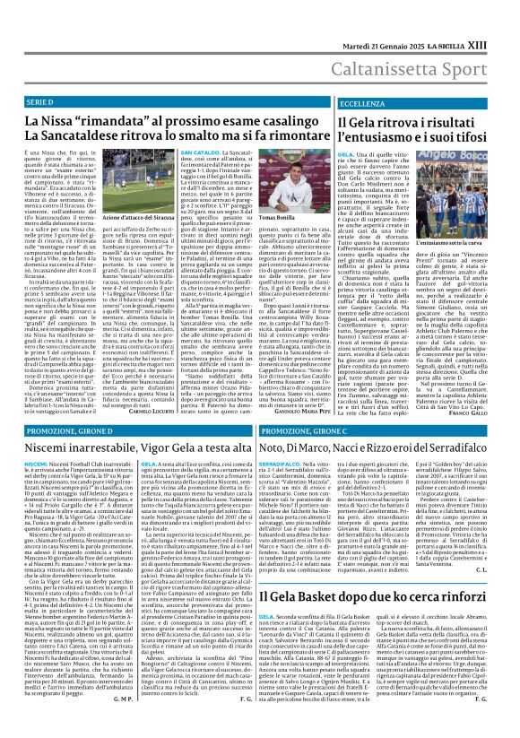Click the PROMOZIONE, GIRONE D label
click(52, 406)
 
